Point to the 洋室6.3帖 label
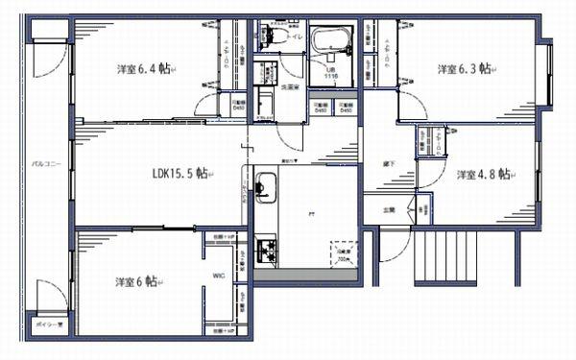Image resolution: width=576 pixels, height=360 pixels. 464,69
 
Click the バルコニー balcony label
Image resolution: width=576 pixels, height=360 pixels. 47,163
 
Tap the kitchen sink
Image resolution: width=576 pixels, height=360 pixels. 266,182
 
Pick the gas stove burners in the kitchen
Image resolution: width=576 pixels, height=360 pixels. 265,252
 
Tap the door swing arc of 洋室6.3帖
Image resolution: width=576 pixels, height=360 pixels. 409,106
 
